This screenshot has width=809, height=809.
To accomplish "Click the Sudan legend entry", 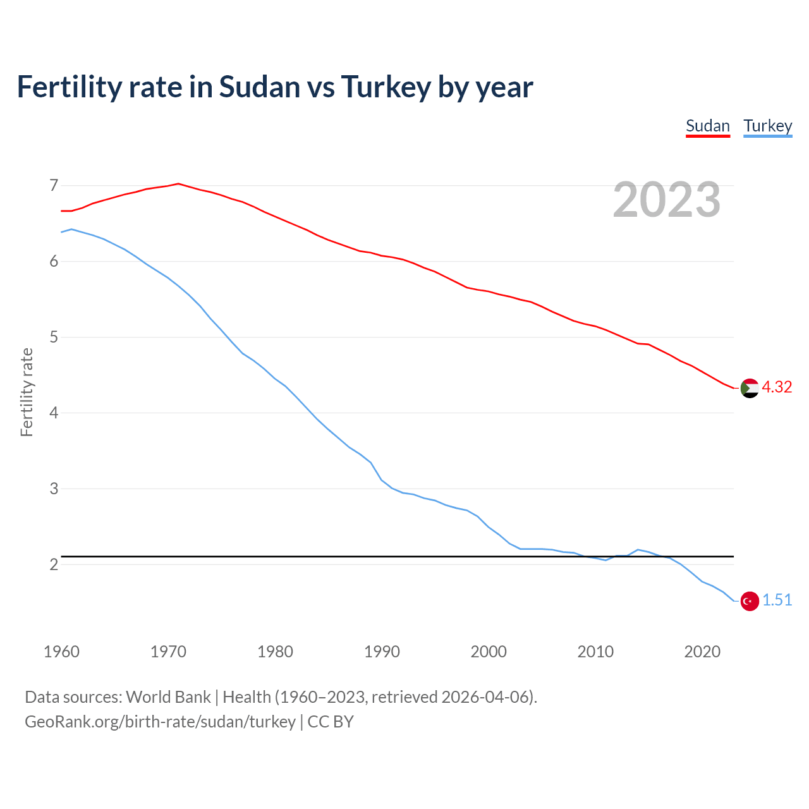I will [x=708, y=126].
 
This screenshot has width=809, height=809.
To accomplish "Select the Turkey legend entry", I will [x=767, y=126].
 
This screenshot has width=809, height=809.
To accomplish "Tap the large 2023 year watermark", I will [x=667, y=200].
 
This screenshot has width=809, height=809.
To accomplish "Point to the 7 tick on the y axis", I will [x=54, y=186].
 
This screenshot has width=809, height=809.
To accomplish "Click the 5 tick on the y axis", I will [x=54, y=338].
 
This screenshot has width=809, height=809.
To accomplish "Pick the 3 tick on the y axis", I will [x=54, y=489].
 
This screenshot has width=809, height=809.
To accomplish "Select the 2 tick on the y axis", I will [x=54, y=564].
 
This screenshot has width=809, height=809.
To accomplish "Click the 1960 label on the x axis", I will [x=61, y=652].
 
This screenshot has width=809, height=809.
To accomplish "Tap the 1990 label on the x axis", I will [x=382, y=652].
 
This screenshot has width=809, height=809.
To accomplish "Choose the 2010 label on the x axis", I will [x=595, y=652].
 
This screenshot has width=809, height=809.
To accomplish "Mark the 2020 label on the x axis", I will [x=702, y=652].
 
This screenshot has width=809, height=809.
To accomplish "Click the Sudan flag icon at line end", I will [x=750, y=388].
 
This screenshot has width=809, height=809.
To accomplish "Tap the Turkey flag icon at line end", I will [x=750, y=601].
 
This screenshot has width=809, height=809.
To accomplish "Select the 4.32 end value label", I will [x=777, y=387].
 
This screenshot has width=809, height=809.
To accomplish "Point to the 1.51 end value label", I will [x=777, y=600].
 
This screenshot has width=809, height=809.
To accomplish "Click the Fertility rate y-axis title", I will [x=27, y=392].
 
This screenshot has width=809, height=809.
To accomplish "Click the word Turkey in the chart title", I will [x=386, y=87].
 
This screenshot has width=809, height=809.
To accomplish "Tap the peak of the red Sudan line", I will [x=178, y=184].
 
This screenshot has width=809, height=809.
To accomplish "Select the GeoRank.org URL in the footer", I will [x=160, y=722].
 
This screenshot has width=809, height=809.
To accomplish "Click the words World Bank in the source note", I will [x=168, y=697].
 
